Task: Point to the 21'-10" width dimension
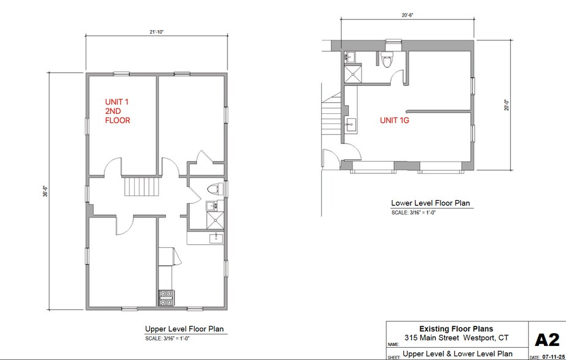tap(155, 32)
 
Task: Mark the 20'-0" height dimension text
tap(507, 105)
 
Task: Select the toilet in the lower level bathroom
tap(386, 60)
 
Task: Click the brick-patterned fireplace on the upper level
tap(166, 297)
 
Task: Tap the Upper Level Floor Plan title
tap(184, 329)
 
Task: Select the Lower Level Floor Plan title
tap(431, 203)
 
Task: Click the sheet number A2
tap(548, 340)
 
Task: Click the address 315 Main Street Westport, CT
tap(456, 338)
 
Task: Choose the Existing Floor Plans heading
tap(456, 329)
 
